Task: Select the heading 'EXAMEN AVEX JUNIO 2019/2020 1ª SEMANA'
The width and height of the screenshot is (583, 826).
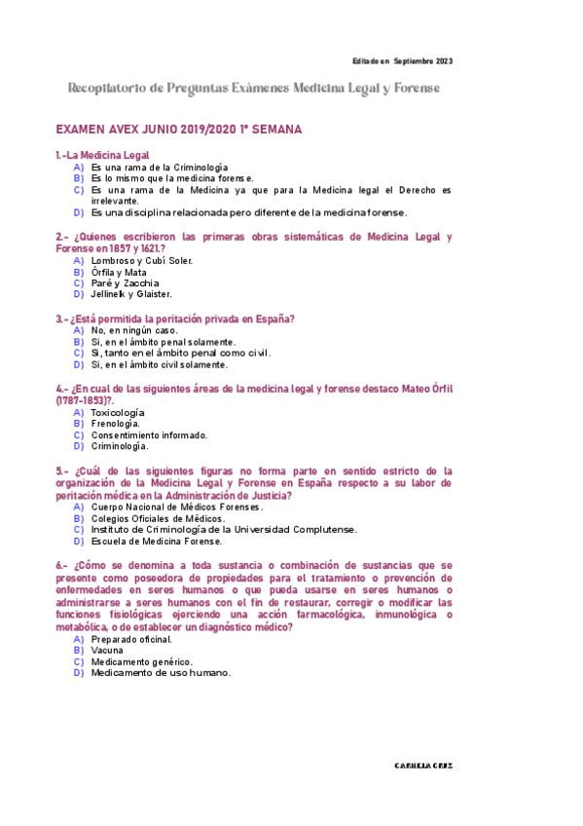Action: [x=179, y=129]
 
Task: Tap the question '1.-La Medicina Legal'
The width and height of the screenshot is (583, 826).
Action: [x=102, y=155]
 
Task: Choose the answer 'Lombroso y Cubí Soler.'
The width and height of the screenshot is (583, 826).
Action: [x=141, y=260]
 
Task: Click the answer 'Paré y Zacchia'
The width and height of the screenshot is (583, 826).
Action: [x=125, y=283]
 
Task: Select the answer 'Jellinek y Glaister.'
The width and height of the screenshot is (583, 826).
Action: [x=131, y=294]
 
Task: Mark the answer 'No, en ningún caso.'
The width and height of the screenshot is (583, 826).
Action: [x=134, y=330]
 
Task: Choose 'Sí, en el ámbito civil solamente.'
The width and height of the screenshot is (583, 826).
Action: [x=159, y=364]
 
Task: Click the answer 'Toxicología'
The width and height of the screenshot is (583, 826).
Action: [x=118, y=412]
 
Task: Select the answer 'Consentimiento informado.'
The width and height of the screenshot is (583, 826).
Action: [x=149, y=435]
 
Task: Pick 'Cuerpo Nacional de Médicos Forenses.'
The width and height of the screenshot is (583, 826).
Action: [x=177, y=507]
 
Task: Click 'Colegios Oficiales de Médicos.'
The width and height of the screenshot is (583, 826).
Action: [x=158, y=518]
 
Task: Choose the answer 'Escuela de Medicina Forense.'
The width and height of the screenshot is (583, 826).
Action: [x=157, y=541]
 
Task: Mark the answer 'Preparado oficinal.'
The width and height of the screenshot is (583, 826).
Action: [x=131, y=639]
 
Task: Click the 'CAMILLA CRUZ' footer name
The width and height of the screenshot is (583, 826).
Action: [x=423, y=766]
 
